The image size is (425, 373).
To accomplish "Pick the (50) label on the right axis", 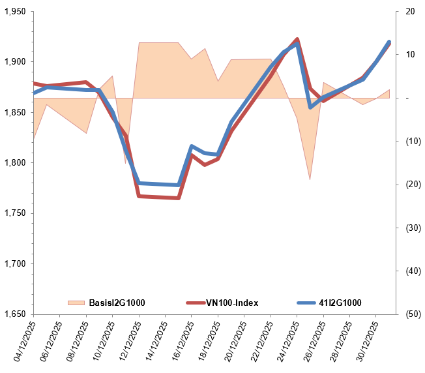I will pos(411,314).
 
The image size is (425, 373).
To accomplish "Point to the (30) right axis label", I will pos(411,228).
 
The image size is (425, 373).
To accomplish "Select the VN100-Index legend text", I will pos(232,303).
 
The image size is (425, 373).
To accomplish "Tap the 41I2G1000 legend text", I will pos(340,303).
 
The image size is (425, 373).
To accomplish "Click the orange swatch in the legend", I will pos(76,303).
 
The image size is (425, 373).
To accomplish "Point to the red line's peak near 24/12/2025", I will pos(297,40).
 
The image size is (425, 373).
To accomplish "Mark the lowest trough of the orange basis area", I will pos(310,179).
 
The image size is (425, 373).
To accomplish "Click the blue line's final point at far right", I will pos(389,42).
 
